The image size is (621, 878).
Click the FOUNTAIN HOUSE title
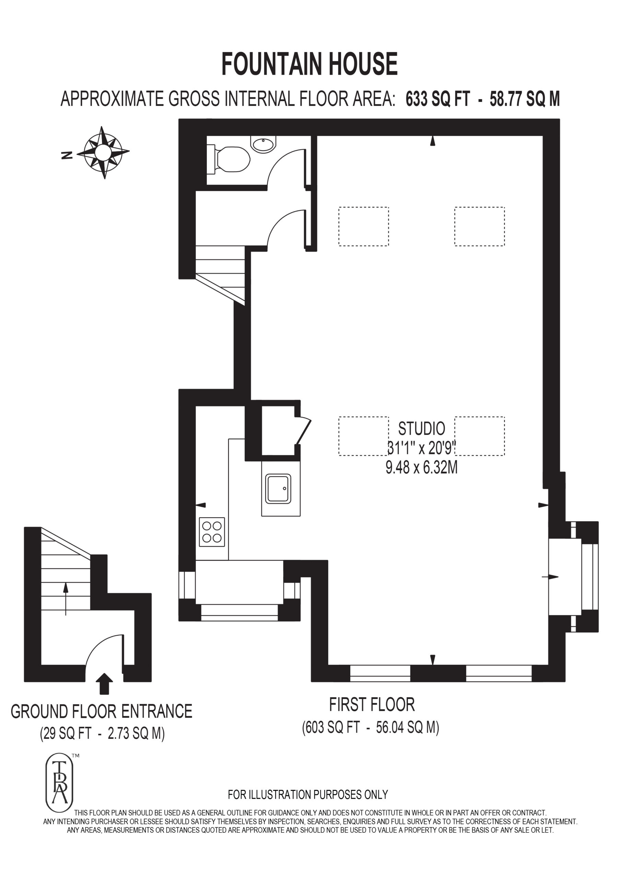point(309,64)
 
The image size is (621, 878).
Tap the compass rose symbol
point(103,153)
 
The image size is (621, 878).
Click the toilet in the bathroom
point(229,159)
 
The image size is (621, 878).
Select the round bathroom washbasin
point(263,144)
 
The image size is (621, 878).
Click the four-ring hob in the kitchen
point(212,532)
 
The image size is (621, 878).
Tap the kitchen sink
point(278,488)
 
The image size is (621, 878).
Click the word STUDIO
point(421,429)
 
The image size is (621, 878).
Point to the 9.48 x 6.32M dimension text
point(421,467)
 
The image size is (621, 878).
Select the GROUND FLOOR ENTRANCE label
point(102,711)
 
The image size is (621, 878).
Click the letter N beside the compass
point(67,155)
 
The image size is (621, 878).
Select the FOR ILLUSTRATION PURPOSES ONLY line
point(308,795)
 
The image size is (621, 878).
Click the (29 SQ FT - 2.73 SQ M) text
point(102,734)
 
